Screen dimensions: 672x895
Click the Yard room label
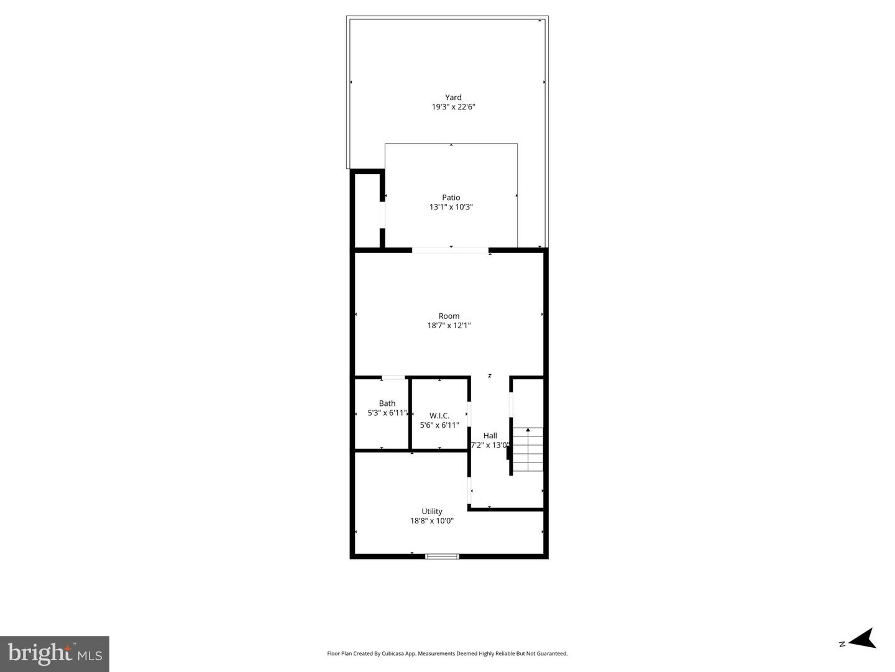tap(453, 97)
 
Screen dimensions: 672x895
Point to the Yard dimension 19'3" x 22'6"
tap(454, 107)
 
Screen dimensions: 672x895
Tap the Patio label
tap(451, 198)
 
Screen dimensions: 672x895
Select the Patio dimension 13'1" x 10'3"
tap(451, 207)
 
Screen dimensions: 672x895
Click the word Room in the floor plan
tap(449, 316)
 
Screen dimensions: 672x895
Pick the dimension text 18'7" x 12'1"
tap(449, 325)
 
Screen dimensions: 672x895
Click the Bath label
tap(387, 403)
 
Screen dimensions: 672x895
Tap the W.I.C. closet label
tap(439, 415)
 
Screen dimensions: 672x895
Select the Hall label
tap(490, 436)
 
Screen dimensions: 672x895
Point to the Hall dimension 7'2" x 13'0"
tap(490, 445)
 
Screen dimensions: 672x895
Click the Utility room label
tap(432, 512)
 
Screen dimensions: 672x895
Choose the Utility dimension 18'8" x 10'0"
tap(432, 521)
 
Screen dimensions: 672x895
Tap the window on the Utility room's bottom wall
tap(442, 556)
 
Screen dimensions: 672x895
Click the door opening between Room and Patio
tap(450, 250)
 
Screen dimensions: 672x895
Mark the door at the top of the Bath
tap(393, 377)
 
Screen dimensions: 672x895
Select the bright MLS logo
tap(55, 653)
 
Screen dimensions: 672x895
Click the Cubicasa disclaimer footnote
tap(447, 653)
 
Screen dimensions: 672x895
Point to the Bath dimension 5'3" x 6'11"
tap(387, 413)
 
